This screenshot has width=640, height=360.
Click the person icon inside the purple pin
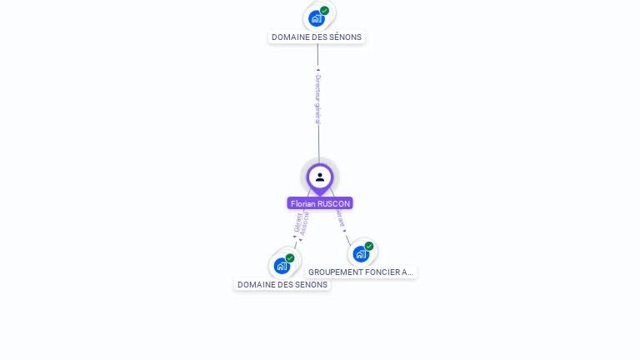(x=320, y=177)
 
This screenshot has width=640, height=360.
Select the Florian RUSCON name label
(x=320, y=203)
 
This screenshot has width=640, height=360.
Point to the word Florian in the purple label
(x=303, y=203)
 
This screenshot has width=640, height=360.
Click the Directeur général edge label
(x=317, y=99)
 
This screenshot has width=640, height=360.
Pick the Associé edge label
(x=305, y=223)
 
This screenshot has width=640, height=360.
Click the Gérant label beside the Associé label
(x=297, y=222)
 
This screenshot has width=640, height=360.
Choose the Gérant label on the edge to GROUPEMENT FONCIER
(x=339, y=218)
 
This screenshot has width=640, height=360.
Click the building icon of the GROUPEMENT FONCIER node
(x=360, y=253)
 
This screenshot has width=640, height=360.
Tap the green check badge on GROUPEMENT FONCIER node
(x=369, y=246)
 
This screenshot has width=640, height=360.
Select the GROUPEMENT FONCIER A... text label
(x=361, y=272)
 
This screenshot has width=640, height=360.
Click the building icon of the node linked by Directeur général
(x=316, y=18)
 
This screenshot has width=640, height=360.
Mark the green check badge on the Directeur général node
(x=324, y=11)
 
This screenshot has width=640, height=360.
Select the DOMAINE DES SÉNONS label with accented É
(x=317, y=37)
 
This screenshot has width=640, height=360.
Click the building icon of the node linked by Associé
(x=282, y=266)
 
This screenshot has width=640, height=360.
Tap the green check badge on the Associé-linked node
(x=290, y=258)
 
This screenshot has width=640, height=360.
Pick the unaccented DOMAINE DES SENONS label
(x=282, y=284)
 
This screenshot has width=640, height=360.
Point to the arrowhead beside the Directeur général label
(x=317, y=70)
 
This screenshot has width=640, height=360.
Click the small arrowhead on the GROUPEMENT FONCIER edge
(x=345, y=231)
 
